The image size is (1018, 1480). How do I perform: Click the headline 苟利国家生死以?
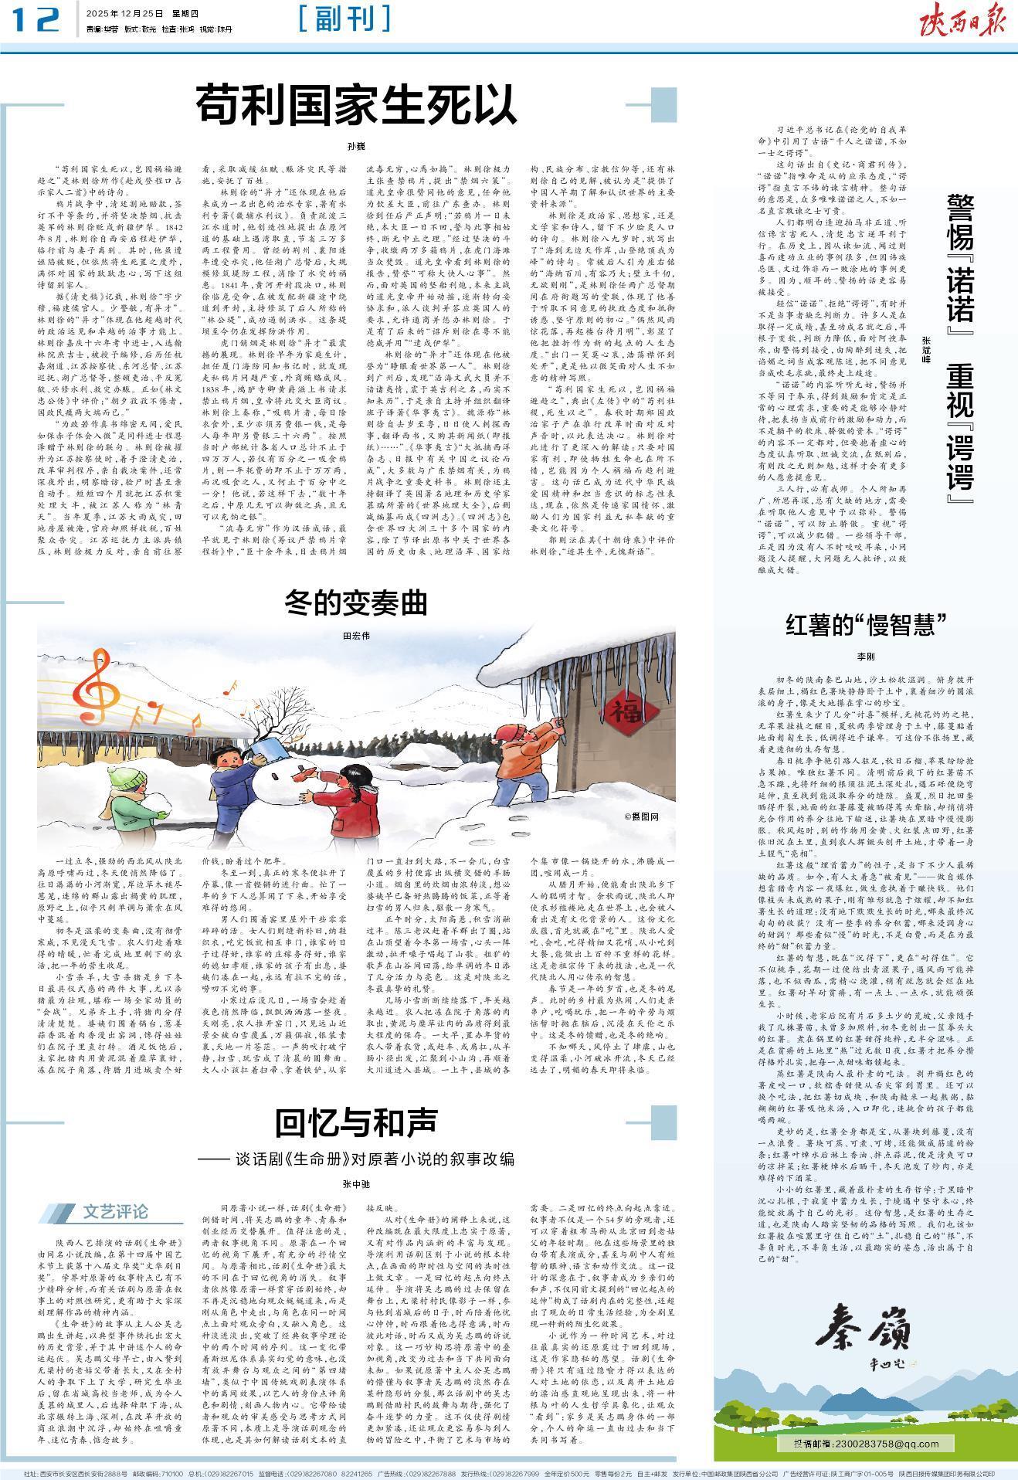tap(356, 107)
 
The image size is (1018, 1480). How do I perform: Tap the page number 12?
tap(36, 20)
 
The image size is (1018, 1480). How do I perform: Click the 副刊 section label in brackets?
tap(344, 19)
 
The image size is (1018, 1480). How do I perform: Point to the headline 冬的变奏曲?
tap(355, 602)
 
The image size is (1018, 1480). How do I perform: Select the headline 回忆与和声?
tap(356, 1123)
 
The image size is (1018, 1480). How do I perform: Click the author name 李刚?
tap(865, 656)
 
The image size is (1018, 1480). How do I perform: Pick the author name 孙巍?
tap(356, 146)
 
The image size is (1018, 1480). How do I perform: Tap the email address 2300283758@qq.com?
tap(865, 1444)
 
